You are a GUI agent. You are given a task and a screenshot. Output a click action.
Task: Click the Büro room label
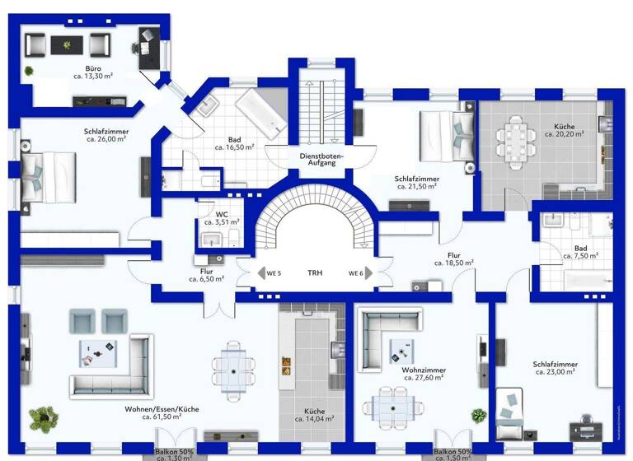[93, 68]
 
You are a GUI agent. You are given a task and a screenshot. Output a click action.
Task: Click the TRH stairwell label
[315, 273]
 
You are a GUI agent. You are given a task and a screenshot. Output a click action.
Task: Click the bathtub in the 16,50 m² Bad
[261, 114]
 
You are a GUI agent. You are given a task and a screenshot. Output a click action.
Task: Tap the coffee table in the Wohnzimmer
[401, 353]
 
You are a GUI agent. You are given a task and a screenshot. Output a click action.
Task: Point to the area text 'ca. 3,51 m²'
[221, 221]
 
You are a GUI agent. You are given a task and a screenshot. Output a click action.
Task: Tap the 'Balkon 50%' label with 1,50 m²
[452, 453]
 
